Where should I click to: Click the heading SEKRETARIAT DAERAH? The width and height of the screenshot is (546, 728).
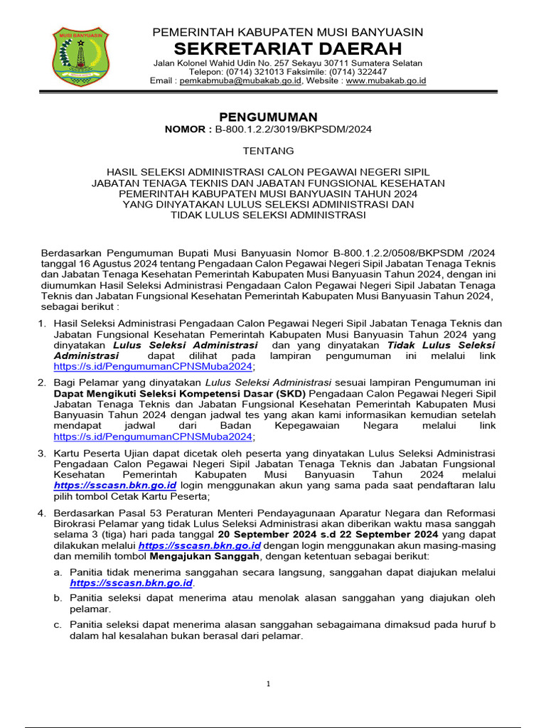pyautogui.click(x=288, y=49)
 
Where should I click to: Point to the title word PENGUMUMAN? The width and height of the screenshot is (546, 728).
pyautogui.click(x=268, y=117)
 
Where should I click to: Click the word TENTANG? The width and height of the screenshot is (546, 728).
pyautogui.click(x=268, y=151)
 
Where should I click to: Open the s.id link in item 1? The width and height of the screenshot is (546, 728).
pyautogui.click(x=154, y=367)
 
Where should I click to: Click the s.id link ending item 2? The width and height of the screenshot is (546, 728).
pyautogui.click(x=154, y=437)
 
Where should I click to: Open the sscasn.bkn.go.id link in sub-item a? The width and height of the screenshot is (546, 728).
pyautogui.click(x=132, y=583)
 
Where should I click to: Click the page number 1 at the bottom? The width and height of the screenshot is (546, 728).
pyautogui.click(x=269, y=684)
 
